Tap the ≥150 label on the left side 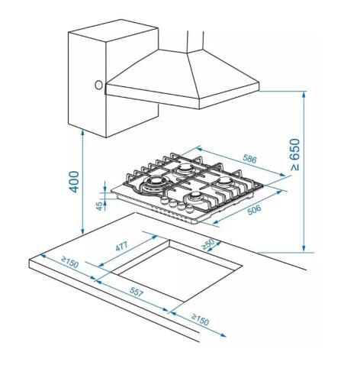tap(70, 263)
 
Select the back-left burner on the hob tap(186, 168)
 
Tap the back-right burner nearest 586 tap(227, 184)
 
